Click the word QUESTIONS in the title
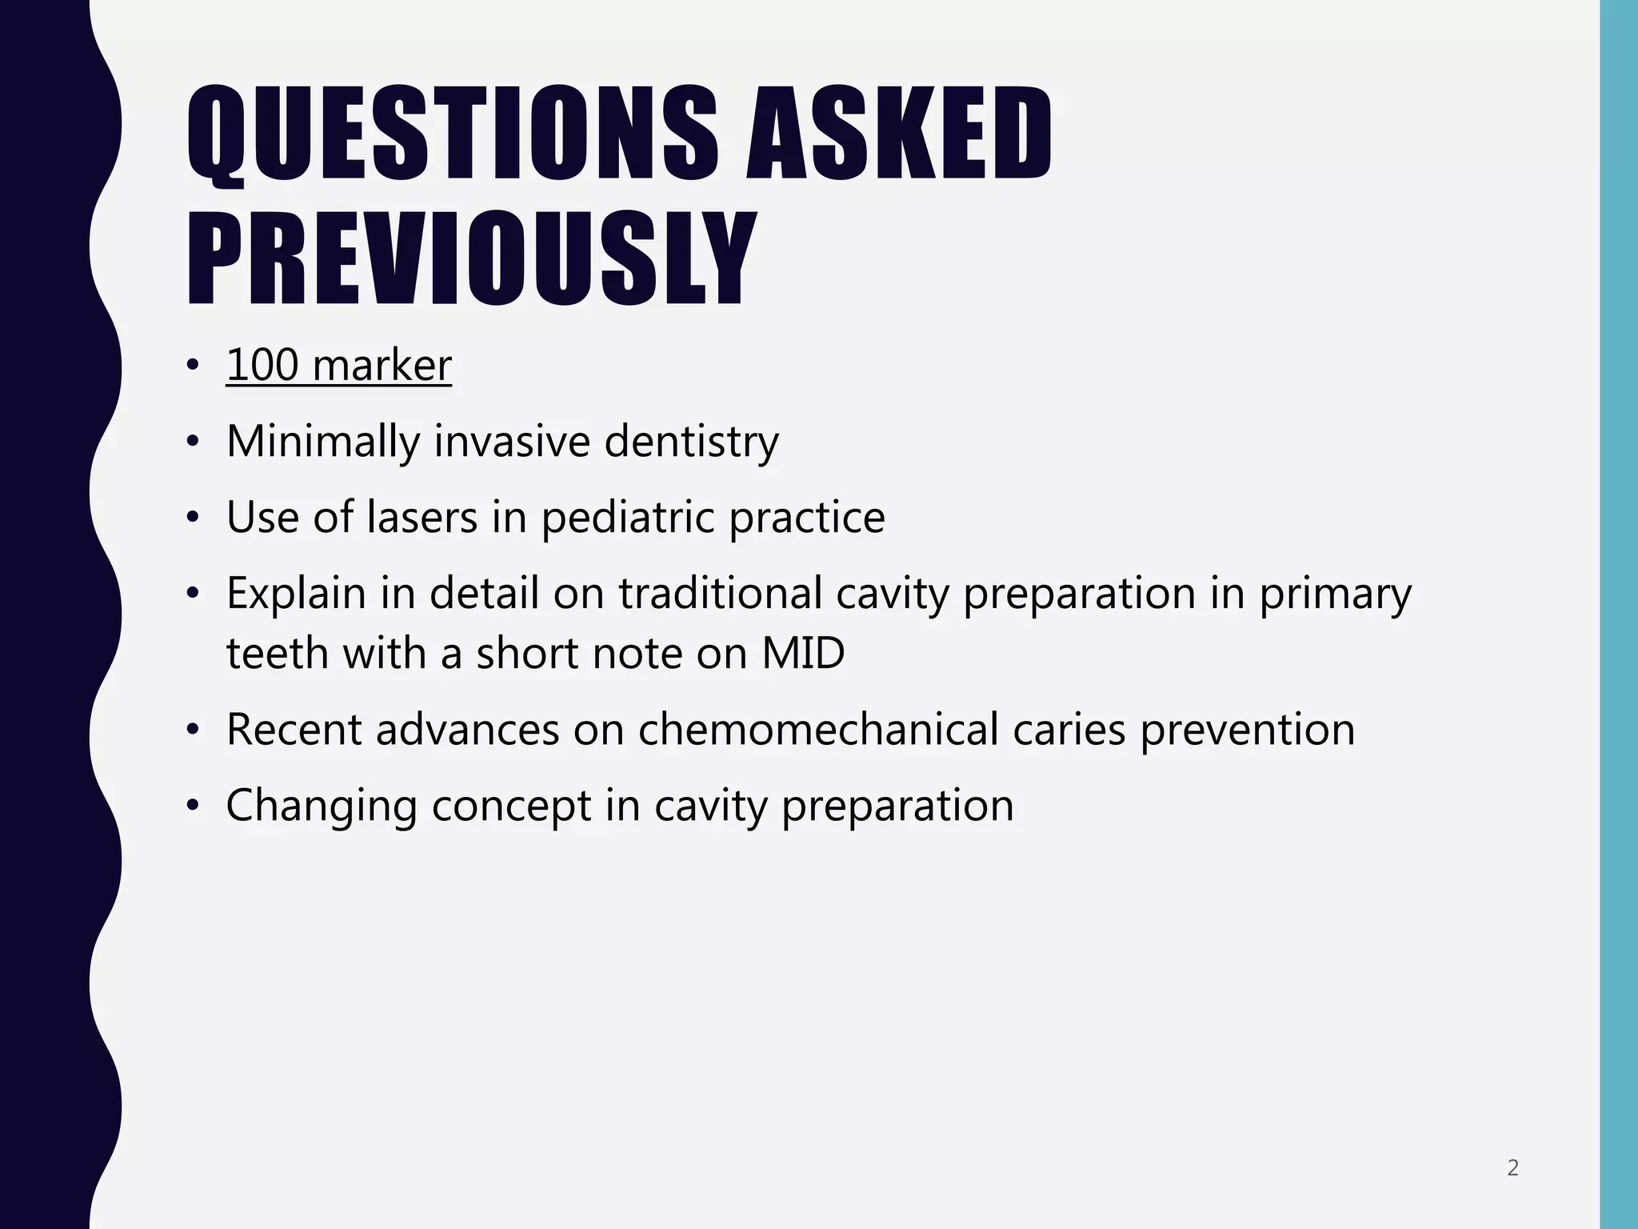tap(452, 134)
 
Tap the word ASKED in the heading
tap(897, 134)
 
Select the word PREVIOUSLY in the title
tap(471, 259)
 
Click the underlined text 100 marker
tap(338, 366)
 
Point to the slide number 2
tap(1512, 1169)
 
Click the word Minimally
tap(322, 442)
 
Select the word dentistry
tap(691, 442)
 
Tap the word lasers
tap(422, 518)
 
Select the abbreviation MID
tap(803, 654)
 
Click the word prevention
tap(1247, 730)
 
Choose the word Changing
tap(322, 806)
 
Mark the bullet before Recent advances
tap(192, 730)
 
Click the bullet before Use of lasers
tap(192, 518)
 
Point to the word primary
tap(1336, 594)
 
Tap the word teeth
tap(277, 654)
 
